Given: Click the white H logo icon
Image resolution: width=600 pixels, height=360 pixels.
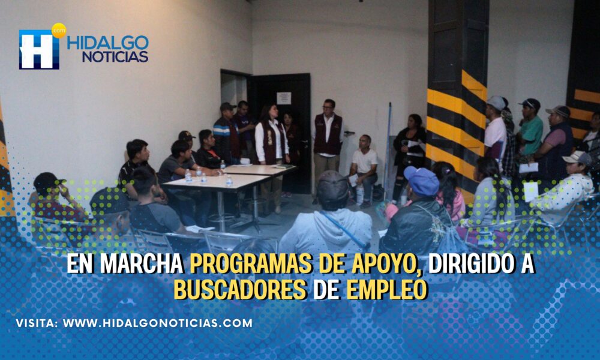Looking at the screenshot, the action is coord(39,49).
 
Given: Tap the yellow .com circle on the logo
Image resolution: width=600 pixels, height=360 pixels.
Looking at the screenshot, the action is coord(59,30).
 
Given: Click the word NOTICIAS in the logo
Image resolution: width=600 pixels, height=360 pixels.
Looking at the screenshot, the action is coord(115,56).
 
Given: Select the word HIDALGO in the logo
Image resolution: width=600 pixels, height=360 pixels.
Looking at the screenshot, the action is coord(108,43).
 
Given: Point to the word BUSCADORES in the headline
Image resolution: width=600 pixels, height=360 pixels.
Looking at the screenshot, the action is coord(241,290).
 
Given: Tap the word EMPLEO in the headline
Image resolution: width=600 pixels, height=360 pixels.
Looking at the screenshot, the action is coord(386,290).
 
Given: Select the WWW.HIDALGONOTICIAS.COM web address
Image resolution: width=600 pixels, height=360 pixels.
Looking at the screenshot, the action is coord(157,323).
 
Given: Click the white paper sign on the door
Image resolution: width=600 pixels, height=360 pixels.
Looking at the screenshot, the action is coord(284,98).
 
